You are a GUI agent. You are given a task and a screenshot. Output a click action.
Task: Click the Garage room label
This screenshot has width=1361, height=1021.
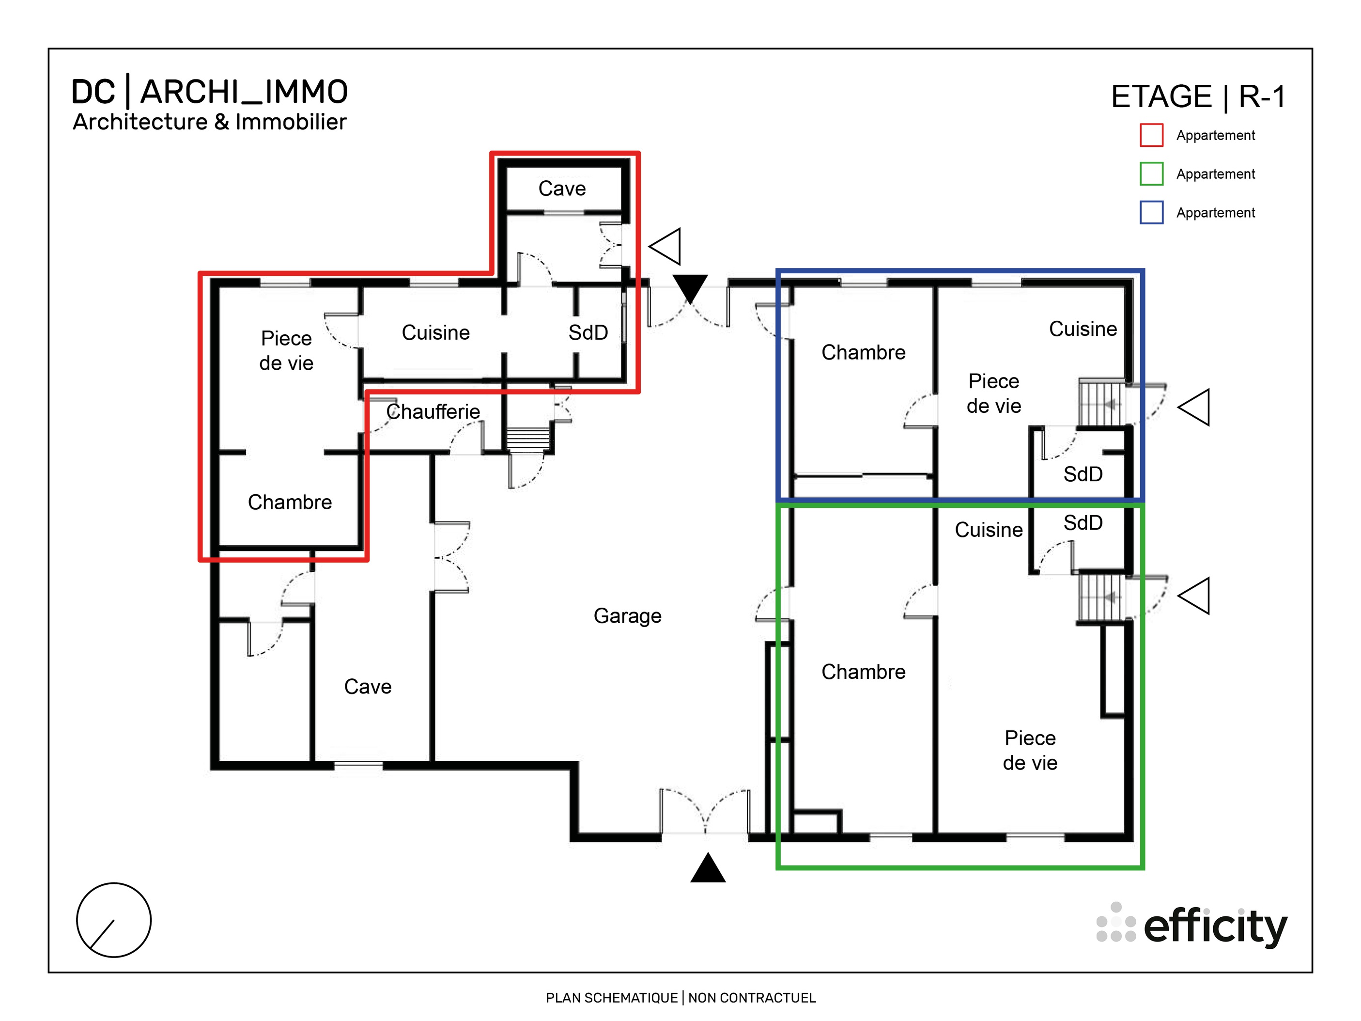[627, 616]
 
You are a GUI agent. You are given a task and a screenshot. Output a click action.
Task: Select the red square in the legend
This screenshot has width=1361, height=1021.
[1151, 135]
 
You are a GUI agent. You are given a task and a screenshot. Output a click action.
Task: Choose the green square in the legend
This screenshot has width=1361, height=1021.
[1151, 174]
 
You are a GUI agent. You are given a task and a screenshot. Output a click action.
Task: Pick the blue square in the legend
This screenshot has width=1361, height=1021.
[1151, 213]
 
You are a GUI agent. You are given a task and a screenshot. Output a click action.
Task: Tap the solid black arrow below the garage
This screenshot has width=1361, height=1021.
[708, 868]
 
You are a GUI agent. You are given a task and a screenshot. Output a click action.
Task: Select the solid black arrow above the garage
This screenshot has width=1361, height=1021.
[690, 287]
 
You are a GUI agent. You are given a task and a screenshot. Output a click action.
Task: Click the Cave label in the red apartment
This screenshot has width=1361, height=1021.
[562, 189]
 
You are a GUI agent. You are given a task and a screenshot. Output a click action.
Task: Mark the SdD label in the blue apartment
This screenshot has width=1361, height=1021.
[1083, 474]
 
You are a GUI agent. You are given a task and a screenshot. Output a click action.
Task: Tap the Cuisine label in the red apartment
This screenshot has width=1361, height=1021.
[435, 333]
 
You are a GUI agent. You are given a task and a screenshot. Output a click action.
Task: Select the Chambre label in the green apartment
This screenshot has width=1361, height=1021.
[863, 672]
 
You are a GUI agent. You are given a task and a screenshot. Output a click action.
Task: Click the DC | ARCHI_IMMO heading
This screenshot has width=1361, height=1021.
[209, 93]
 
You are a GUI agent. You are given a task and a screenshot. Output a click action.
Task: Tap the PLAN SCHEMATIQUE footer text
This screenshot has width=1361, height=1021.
[680, 998]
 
